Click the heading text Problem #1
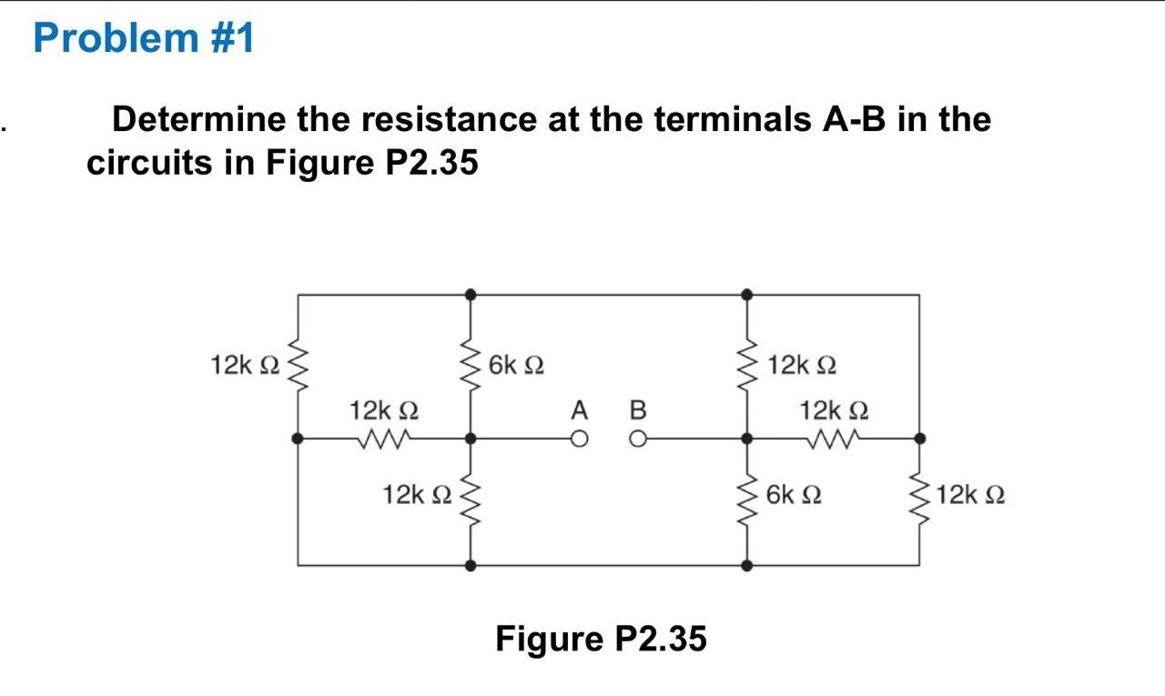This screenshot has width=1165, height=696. pos(144,39)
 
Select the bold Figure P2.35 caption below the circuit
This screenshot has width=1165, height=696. pos(601,639)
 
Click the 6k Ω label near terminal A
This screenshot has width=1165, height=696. pos(516,366)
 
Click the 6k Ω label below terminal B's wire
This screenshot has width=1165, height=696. pos(794,496)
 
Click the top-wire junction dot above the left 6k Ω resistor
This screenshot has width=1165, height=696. pos(471,294)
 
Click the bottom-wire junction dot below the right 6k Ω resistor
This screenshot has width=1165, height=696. pos(746,565)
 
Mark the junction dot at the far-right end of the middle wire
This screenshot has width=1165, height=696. pos(919,439)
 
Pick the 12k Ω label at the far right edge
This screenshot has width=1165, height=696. pos(970,496)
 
